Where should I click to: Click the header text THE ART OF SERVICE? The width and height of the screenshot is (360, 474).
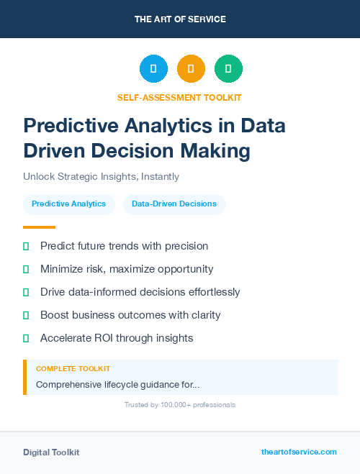click(180, 19)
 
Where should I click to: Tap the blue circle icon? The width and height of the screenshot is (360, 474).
click(153, 69)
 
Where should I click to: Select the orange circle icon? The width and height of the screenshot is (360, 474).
click(191, 69)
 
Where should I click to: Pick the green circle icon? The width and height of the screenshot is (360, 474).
click(228, 69)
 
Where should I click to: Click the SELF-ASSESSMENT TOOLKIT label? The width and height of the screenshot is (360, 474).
click(179, 97)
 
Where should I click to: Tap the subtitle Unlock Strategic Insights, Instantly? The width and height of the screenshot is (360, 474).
click(101, 176)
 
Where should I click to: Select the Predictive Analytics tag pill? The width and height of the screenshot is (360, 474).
click(68, 204)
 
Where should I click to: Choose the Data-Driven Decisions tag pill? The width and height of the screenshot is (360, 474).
click(174, 204)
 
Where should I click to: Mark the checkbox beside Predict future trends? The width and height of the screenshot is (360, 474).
click(26, 246)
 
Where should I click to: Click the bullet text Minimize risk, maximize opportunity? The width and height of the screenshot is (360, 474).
click(127, 269)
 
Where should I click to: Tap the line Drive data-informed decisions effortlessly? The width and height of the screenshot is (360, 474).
click(140, 292)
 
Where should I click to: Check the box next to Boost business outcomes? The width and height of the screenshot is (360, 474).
click(26, 315)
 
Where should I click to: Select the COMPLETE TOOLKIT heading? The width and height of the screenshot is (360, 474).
click(73, 368)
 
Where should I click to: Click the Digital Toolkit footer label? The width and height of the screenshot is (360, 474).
click(51, 452)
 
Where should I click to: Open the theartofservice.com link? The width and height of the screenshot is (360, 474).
click(299, 452)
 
